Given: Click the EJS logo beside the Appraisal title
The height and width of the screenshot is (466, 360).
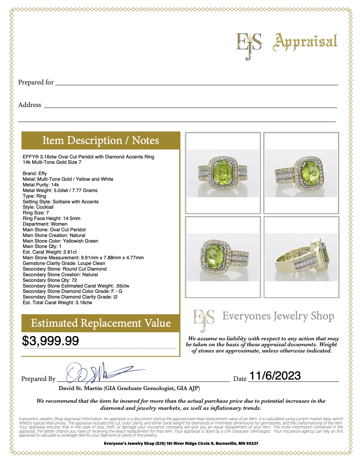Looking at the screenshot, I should pos(249,45).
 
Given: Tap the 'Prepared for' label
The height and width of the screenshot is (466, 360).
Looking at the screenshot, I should pos(36,82).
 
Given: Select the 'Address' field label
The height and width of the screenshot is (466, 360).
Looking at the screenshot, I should pos(30,105).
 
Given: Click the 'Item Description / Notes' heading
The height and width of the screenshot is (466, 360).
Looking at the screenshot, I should pos(101,140).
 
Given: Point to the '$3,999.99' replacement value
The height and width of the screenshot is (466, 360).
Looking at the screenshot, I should pos(51,341).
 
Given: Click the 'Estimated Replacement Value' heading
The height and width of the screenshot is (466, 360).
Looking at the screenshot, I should pos(101,323).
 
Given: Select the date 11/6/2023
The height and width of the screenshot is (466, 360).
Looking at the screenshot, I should pos(275,376).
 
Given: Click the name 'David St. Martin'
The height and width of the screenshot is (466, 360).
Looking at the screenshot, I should pos(80,388).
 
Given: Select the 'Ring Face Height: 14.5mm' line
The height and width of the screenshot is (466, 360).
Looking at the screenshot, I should pos(52,218).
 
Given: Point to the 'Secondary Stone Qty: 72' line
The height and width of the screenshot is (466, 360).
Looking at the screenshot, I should pos(50,280).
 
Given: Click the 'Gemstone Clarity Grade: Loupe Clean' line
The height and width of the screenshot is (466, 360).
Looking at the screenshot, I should pos(64,263).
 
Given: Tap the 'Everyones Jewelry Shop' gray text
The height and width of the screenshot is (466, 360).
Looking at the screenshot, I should pos(278,316).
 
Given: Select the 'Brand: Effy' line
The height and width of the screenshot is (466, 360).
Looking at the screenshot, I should pos(35,173).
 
